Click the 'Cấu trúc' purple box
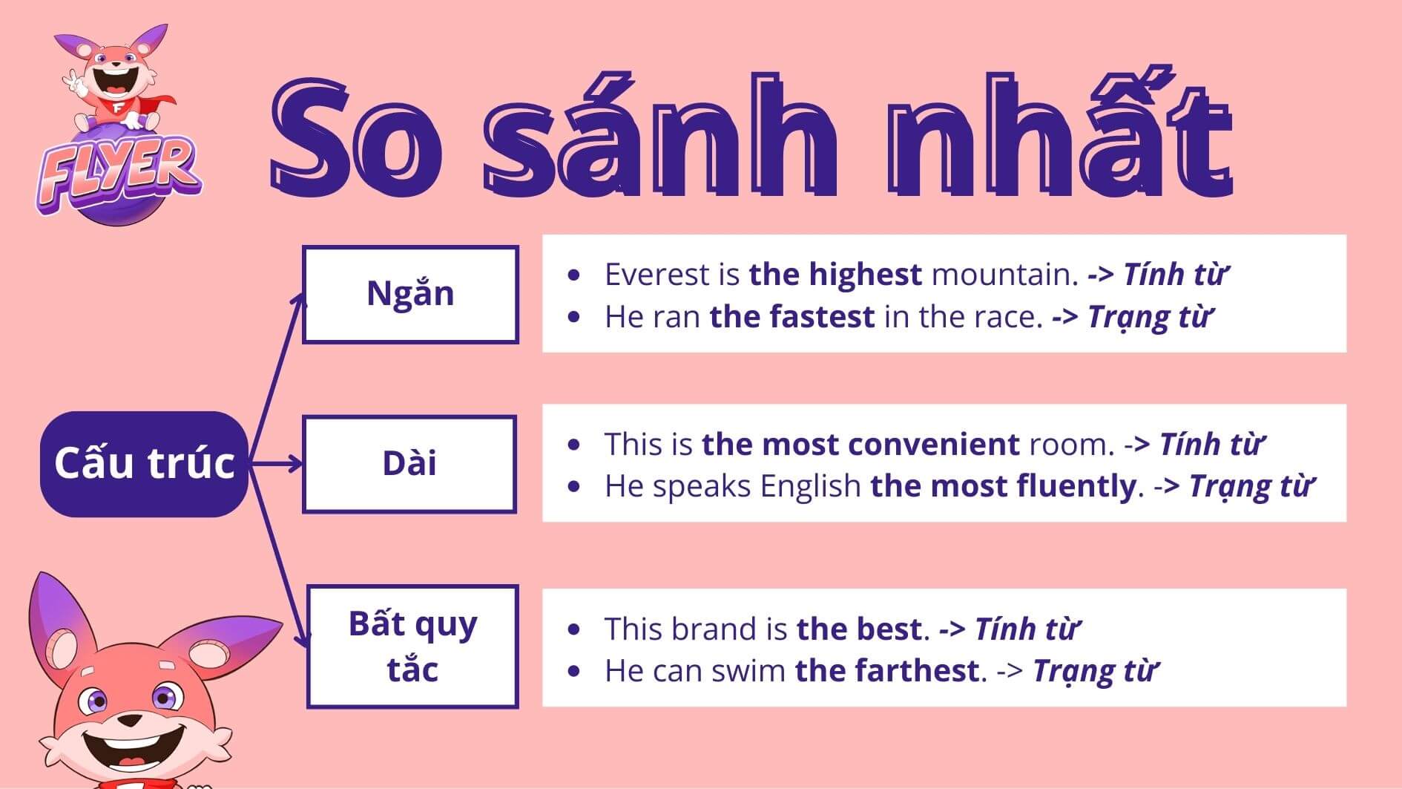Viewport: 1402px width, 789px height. (144, 464)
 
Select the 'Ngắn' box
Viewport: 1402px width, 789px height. (410, 295)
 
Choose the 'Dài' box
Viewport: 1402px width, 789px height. (409, 464)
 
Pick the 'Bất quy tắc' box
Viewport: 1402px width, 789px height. (412, 646)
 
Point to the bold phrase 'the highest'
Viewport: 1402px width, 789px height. (835, 275)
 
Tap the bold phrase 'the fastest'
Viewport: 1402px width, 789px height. (792, 317)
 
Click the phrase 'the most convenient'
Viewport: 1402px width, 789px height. (860, 445)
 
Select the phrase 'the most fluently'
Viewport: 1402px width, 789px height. (1003, 487)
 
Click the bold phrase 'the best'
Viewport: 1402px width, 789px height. (858, 629)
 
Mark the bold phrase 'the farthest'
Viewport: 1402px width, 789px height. (886, 671)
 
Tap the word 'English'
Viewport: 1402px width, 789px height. (810, 488)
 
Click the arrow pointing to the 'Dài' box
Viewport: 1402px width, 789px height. (276, 464)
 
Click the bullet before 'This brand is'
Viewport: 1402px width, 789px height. (573, 629)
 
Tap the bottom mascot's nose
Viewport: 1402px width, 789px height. (131, 721)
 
